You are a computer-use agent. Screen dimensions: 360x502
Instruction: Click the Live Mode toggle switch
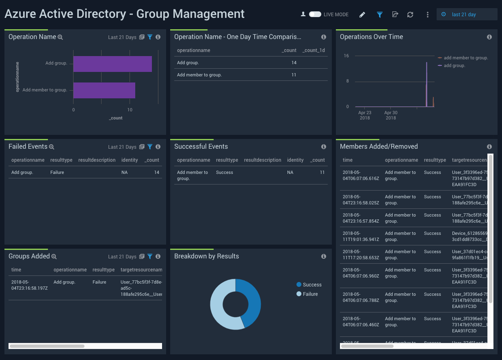[315, 14]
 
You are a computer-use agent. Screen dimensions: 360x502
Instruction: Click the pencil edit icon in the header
[362, 15]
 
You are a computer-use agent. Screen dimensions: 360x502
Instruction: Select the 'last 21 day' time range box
[467, 15]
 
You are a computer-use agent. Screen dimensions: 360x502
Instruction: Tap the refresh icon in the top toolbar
[410, 15]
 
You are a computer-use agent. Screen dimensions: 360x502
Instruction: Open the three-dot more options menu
[427, 15]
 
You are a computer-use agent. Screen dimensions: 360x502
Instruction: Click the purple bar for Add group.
[113, 64]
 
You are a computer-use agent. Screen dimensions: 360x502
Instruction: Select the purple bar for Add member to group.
[104, 90]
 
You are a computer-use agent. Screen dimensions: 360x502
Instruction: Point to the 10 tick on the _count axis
[130, 110]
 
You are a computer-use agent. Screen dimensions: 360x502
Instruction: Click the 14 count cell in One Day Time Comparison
[294, 63]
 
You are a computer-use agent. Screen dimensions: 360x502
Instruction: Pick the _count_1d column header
[314, 50]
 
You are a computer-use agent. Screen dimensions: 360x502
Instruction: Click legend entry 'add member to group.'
[465, 58]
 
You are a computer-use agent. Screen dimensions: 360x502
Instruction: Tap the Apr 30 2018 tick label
[390, 115]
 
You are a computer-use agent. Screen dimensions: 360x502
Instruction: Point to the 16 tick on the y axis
[346, 56]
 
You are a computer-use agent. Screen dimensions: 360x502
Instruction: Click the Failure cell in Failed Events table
[57, 172]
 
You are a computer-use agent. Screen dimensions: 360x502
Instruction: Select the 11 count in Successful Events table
[322, 172]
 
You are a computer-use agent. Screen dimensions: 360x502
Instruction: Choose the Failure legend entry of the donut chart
[310, 294]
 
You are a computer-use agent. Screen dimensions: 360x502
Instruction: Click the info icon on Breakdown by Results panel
[324, 256]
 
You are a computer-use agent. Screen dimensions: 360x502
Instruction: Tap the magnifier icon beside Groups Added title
[54, 256]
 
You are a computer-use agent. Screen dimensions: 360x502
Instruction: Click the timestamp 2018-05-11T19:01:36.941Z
[359, 236]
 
